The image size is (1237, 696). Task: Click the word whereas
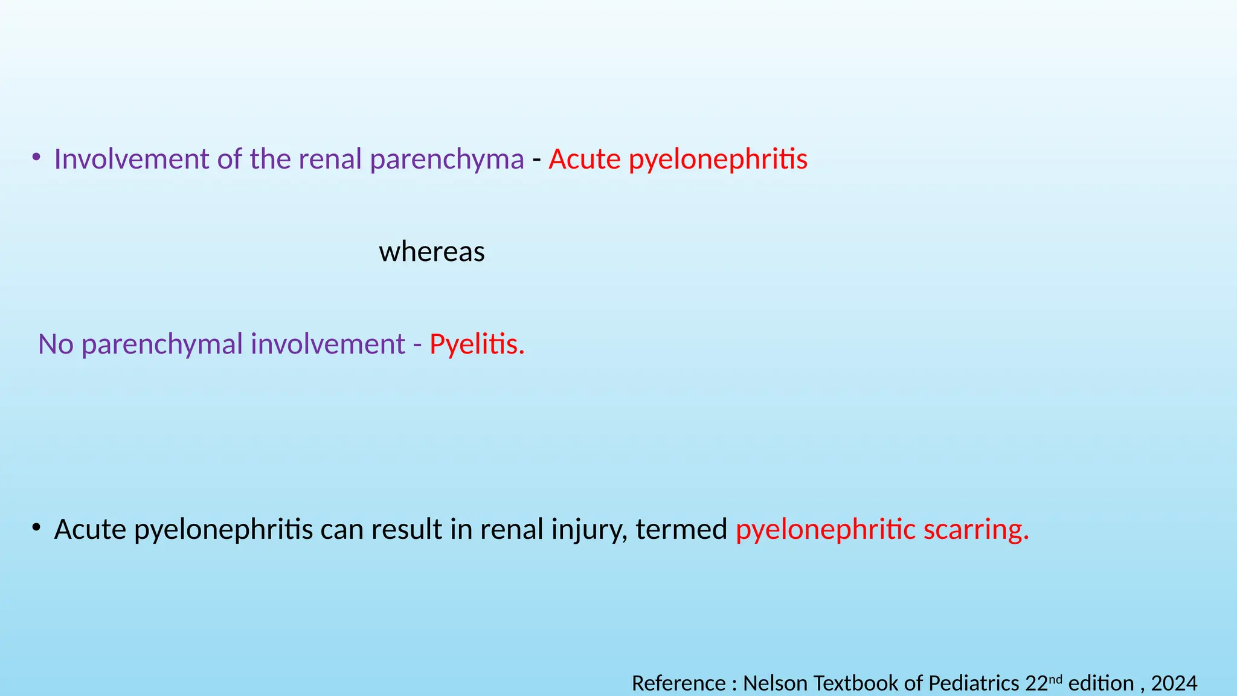click(x=431, y=252)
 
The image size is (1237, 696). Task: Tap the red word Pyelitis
click(x=477, y=344)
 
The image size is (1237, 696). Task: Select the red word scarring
click(x=976, y=530)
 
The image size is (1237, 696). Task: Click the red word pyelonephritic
click(x=825, y=530)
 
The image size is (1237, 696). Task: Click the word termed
click(x=681, y=530)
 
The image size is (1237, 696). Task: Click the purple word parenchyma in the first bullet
click(x=447, y=159)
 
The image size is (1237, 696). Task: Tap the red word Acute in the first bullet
click(x=585, y=159)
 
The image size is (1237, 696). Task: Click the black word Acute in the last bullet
click(x=90, y=530)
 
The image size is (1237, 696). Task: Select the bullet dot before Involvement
click(x=37, y=158)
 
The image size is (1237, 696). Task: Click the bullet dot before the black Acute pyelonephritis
click(x=37, y=527)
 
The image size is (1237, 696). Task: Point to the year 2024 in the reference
click(x=1174, y=683)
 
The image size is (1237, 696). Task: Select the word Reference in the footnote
click(x=678, y=683)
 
